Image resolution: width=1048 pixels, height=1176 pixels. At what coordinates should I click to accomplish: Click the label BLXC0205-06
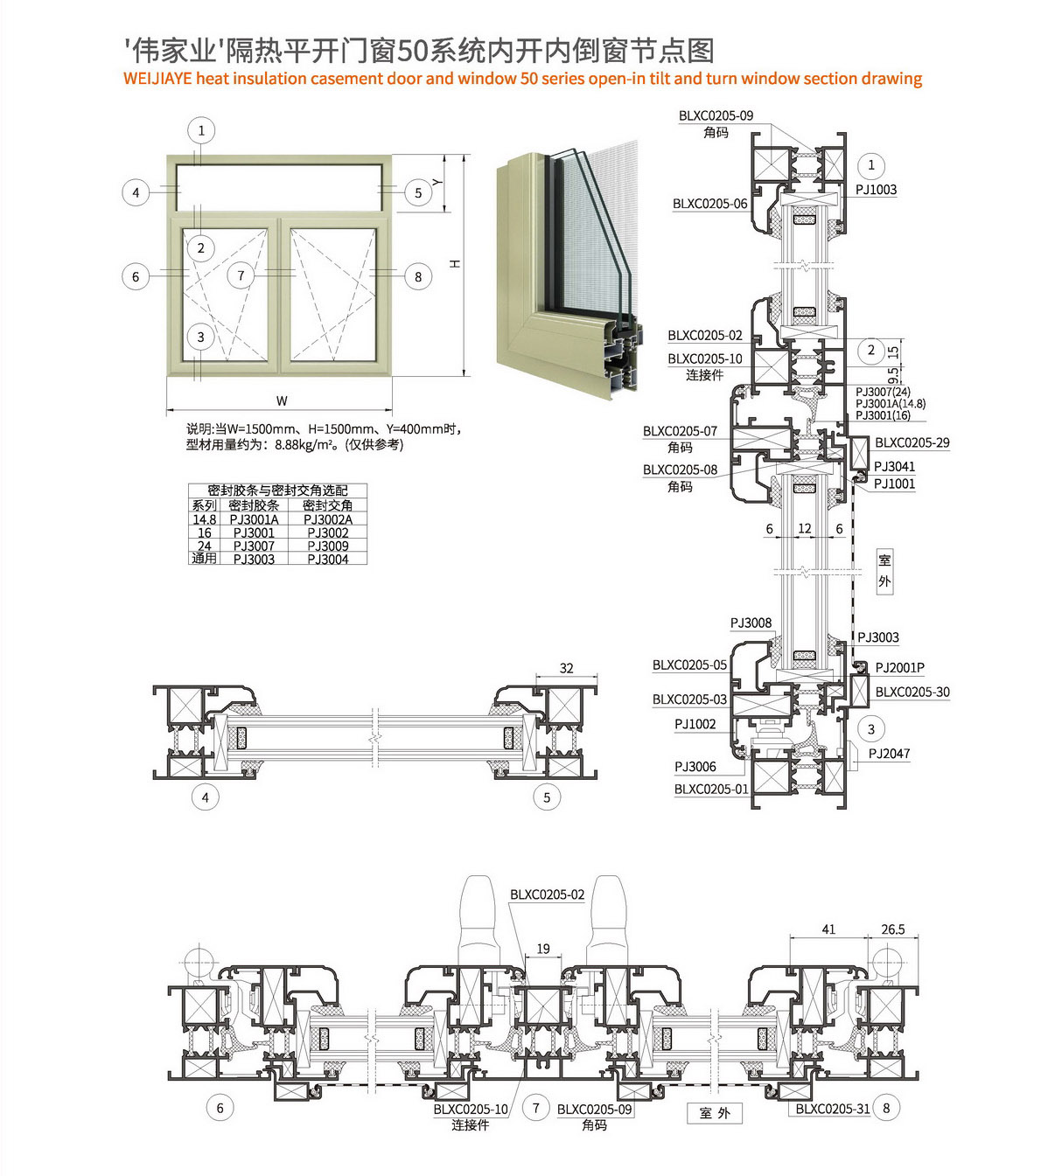(709, 204)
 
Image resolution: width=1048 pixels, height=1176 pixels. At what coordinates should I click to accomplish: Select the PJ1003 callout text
(876, 190)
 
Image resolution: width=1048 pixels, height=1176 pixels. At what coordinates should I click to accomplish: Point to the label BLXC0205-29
(912, 442)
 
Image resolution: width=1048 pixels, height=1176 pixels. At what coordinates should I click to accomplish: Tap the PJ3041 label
(894, 466)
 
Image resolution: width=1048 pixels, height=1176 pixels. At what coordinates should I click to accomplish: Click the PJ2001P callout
(899, 667)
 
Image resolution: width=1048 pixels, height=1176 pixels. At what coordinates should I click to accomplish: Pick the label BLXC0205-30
(912, 692)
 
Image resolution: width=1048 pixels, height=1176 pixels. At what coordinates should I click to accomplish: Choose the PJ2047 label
(889, 753)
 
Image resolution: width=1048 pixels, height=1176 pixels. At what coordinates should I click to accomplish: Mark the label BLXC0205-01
(710, 789)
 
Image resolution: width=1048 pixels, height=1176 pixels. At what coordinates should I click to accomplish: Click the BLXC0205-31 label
(832, 1109)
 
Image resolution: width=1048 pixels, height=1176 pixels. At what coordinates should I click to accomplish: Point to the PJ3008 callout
(751, 623)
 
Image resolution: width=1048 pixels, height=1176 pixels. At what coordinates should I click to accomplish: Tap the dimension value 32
(566, 668)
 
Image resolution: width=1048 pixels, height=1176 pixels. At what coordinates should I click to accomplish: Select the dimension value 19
(543, 949)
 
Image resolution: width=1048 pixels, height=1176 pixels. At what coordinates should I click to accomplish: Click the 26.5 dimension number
(893, 929)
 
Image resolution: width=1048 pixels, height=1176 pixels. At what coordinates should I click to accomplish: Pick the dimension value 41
(828, 929)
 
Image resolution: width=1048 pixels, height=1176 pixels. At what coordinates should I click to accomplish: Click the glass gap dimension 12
(805, 528)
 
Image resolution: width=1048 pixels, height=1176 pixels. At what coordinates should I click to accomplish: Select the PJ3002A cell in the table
(328, 519)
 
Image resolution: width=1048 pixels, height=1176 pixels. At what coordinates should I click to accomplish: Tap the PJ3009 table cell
(328, 546)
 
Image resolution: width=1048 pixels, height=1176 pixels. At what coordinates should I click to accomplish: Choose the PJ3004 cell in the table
(328, 559)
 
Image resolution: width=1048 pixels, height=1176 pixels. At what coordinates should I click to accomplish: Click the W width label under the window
(282, 401)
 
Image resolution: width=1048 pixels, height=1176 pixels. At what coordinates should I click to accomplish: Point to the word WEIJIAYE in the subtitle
(157, 79)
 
